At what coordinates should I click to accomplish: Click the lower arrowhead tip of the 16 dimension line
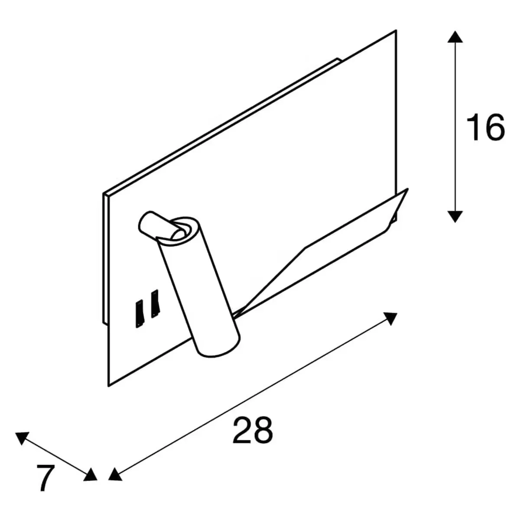[x=455, y=223]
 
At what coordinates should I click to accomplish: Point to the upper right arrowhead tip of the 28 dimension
[x=397, y=313]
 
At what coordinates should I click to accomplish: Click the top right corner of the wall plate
[x=396, y=30]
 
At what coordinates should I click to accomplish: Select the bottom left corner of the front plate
[x=108, y=387]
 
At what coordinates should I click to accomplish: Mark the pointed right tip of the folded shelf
[x=408, y=188]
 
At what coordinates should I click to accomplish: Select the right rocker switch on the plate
[x=155, y=304]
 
